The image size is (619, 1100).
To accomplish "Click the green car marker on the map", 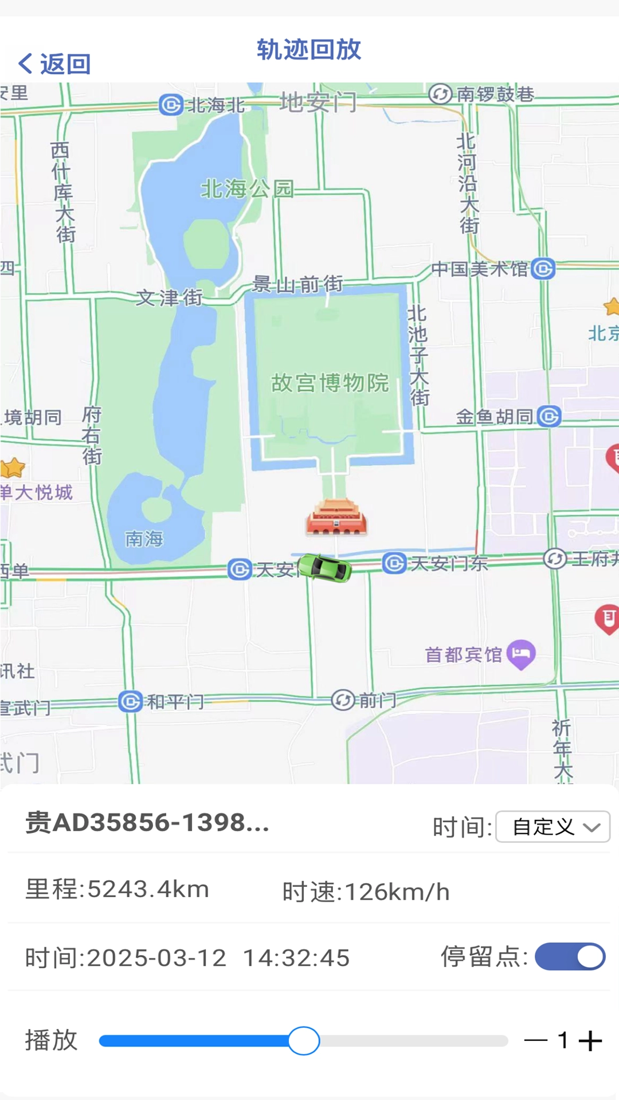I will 325,568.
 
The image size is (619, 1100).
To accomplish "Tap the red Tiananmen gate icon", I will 336,517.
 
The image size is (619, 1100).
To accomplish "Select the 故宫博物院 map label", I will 330,383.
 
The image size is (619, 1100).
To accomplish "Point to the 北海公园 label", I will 247,188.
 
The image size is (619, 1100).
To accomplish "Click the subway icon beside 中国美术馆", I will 543,268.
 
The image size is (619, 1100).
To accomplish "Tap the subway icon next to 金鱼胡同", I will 550,417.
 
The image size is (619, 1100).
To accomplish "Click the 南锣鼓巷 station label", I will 495,94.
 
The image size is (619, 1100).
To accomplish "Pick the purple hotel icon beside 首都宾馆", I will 521,654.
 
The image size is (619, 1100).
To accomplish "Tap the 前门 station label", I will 377,700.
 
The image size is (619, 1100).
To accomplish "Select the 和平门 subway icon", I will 131,701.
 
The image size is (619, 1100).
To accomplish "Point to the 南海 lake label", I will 144,539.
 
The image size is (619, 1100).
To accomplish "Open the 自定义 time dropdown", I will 553,827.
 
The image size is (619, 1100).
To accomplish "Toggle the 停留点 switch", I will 570,957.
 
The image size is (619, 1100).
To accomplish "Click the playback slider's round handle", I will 304,1040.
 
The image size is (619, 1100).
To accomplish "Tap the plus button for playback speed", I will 590,1040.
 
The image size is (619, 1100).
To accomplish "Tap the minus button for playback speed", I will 535,1040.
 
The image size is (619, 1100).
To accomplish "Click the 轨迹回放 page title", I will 309,50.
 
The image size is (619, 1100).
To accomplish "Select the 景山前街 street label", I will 297,284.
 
